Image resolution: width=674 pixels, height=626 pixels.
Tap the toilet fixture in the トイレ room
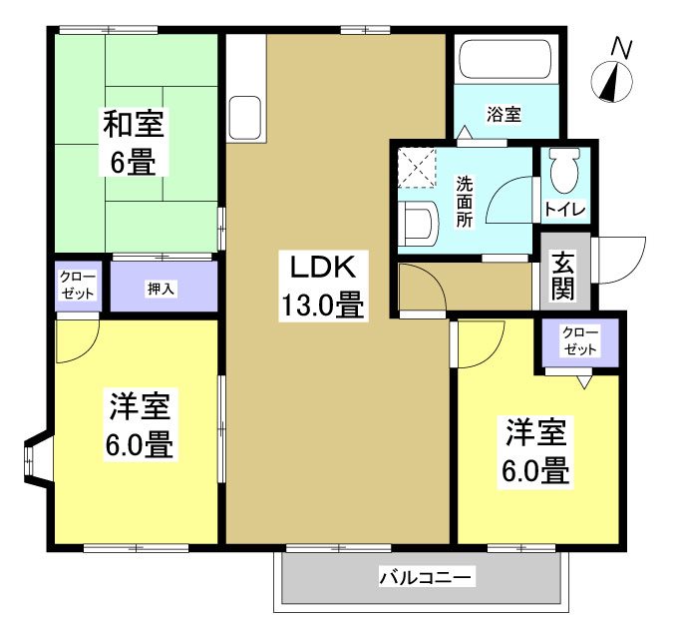(x=564, y=171)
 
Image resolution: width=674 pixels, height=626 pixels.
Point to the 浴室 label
(x=504, y=114)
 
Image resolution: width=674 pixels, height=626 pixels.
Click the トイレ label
(x=564, y=211)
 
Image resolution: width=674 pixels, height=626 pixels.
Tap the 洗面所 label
(x=466, y=202)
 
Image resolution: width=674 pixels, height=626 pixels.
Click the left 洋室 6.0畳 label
(x=139, y=424)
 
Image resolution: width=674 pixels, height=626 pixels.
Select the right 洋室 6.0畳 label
(x=536, y=451)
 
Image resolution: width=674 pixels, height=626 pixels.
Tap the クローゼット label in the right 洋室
(x=581, y=340)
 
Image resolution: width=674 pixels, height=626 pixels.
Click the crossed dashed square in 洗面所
(x=417, y=167)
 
